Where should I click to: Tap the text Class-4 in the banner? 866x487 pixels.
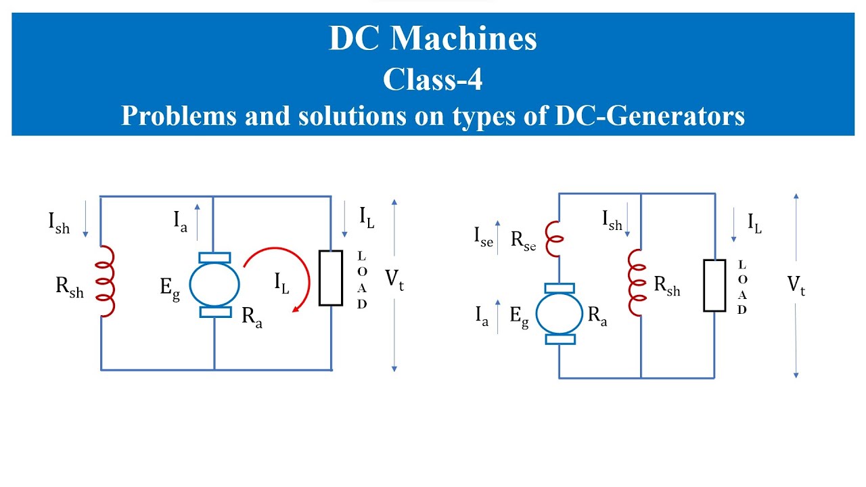432,79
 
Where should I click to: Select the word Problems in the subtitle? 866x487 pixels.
179,115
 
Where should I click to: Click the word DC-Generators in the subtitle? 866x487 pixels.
649,115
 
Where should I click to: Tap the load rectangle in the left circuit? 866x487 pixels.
331,278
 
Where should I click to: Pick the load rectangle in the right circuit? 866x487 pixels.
714,285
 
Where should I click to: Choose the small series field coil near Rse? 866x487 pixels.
553,239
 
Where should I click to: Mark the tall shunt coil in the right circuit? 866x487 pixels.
637,283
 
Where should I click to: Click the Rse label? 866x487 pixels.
523,240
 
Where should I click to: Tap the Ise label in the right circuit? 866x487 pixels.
483,237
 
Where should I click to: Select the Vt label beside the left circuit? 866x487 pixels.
394,279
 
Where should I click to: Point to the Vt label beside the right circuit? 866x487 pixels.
796,286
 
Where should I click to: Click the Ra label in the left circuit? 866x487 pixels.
252,317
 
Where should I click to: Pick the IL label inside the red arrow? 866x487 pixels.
281,283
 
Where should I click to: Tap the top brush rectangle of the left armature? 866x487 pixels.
214,258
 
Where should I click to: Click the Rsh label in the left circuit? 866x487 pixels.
70,288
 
